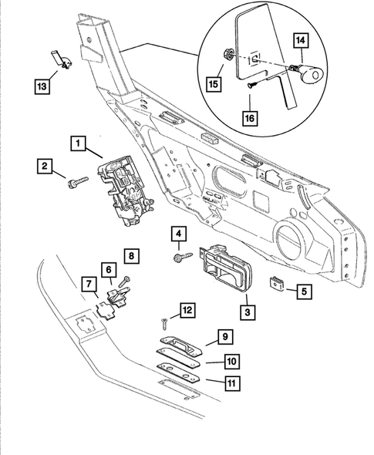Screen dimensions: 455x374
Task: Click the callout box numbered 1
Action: click(x=76, y=143)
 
